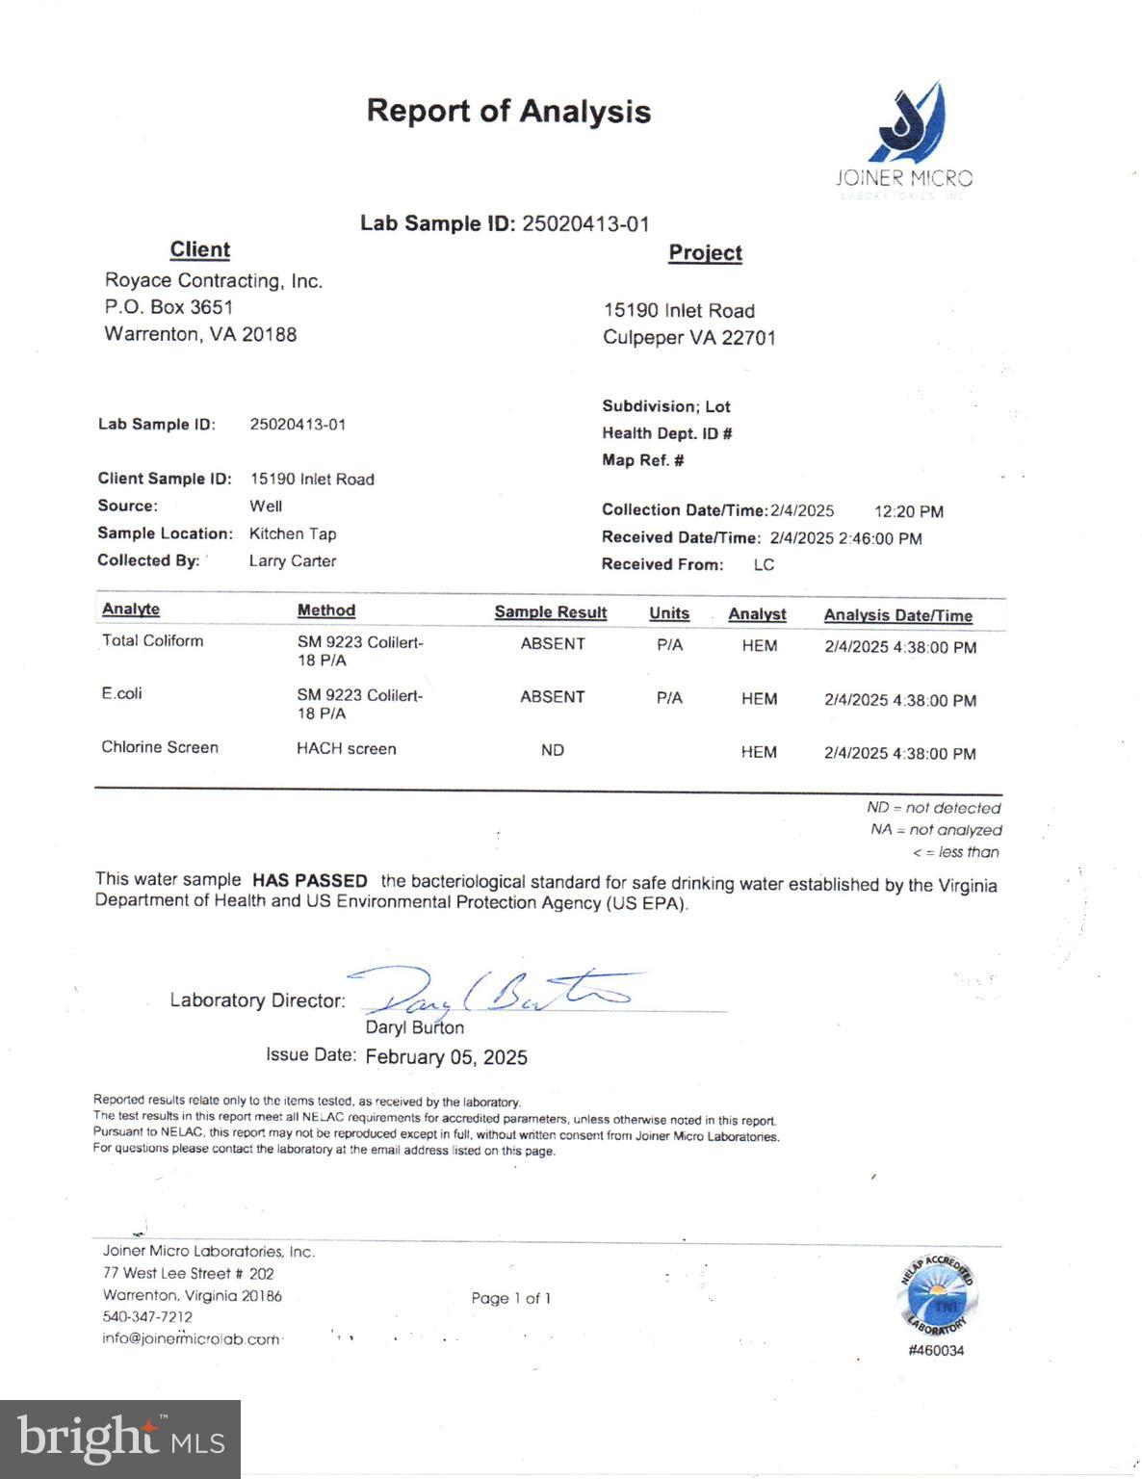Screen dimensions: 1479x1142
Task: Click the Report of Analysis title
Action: coord(508,112)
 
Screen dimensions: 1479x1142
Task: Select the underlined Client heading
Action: coord(199,250)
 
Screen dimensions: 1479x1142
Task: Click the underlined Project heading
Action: coord(705,253)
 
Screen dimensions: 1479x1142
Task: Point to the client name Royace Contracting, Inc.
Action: coord(213,281)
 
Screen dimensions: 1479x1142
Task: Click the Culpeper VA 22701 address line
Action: coord(688,338)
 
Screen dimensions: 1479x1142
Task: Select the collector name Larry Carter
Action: coord(292,561)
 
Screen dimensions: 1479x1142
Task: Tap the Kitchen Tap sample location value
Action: coord(292,534)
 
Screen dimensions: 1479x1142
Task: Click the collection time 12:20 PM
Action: coord(908,512)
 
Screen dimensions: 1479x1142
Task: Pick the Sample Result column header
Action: coord(550,612)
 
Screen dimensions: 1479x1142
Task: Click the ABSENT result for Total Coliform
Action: coord(553,644)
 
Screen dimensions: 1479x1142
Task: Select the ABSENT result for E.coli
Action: coord(552,697)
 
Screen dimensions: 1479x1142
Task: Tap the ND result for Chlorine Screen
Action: coord(552,750)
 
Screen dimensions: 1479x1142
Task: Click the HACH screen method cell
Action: coord(346,749)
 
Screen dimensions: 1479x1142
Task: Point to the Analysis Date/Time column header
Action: coord(897,616)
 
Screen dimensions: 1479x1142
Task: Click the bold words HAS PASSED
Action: coord(309,881)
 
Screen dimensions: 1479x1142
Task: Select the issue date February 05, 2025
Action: coord(446,1057)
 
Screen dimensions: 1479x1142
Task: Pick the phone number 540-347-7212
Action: coord(147,1317)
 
